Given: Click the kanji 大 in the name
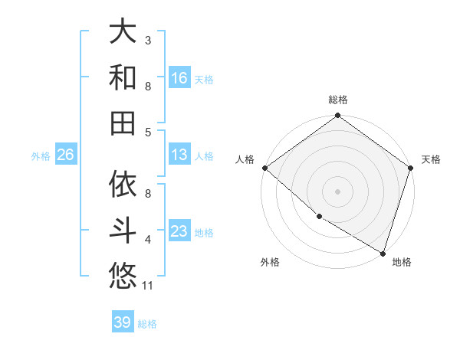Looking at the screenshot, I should point(123,31).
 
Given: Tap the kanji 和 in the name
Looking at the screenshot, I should point(123,77).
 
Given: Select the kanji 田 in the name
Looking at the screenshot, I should point(123,122).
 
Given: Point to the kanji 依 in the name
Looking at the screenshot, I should point(123,184).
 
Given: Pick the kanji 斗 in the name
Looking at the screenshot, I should point(123,229).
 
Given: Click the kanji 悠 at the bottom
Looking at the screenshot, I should point(123,273).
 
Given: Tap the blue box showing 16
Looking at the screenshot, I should point(179,77).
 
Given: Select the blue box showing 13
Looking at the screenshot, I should point(179,155).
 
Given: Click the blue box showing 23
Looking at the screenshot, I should point(179,231).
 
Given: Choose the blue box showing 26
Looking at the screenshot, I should point(66,155).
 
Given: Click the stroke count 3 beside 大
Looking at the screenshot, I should point(148,40).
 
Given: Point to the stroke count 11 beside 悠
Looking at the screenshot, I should point(149,286).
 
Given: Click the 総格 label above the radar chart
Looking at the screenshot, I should point(338,100).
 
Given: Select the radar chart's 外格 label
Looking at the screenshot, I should point(270,262).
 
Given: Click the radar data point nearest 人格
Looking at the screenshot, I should point(264,168).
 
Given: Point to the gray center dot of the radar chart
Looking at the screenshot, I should point(338,191).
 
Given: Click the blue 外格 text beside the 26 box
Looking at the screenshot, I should point(41,156).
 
